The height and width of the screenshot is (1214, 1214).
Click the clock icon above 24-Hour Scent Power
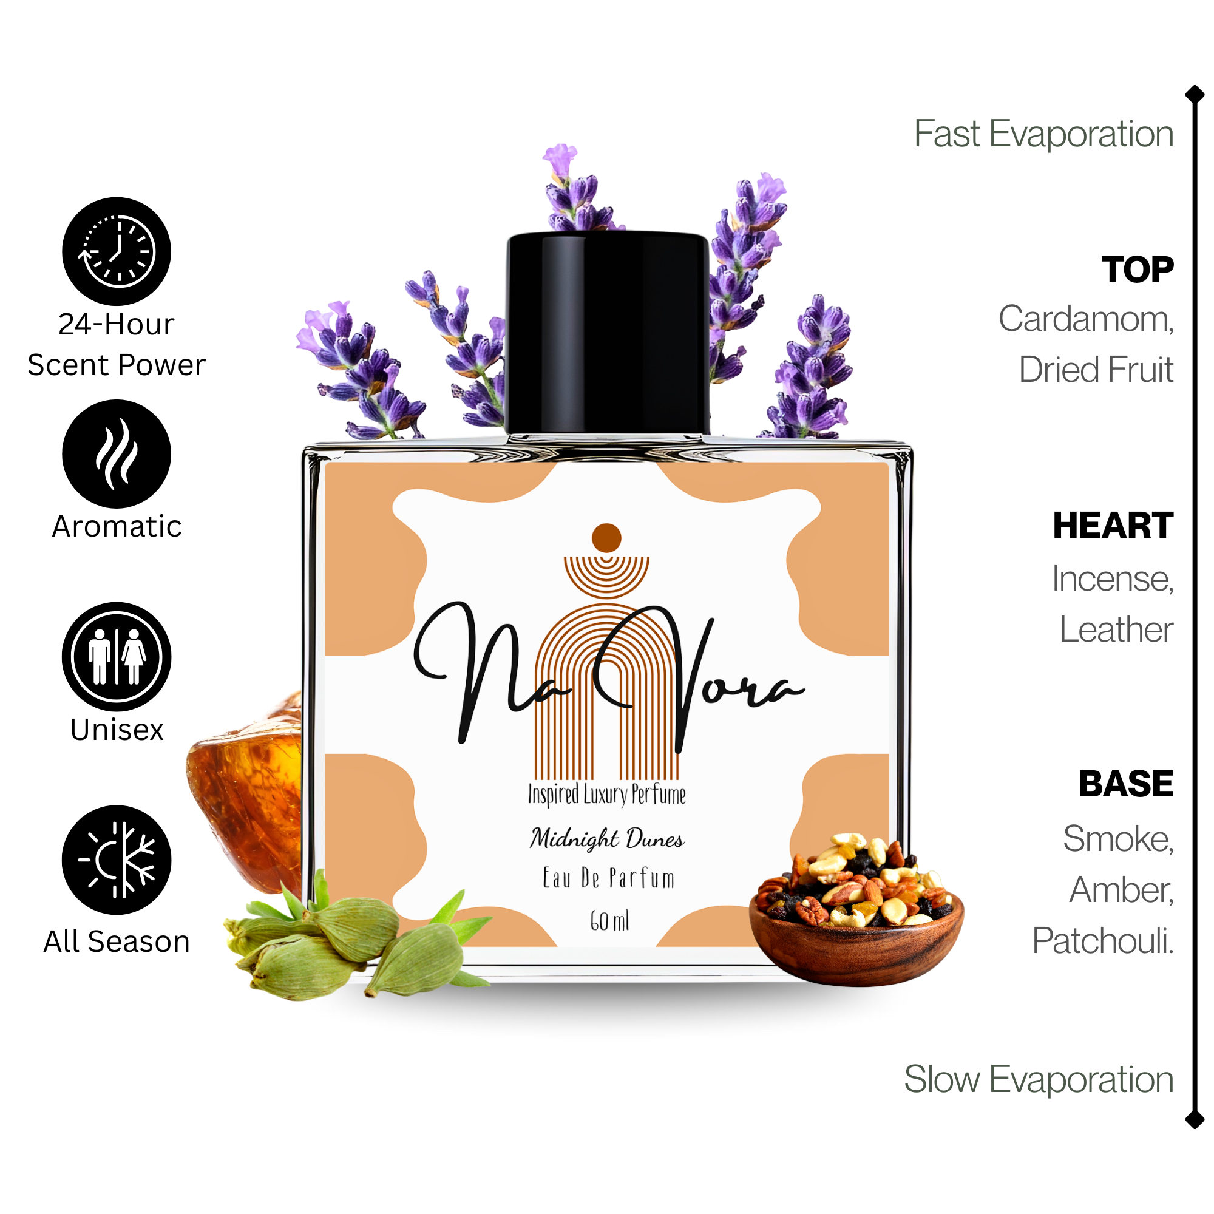tap(117, 251)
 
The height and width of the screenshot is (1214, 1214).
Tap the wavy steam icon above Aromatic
tap(117, 453)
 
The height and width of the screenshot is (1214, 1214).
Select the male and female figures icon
tap(117, 657)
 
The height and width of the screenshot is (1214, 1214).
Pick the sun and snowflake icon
tap(117, 860)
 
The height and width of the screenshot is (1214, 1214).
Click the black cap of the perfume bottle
tap(608, 333)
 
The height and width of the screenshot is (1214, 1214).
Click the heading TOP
tap(1138, 270)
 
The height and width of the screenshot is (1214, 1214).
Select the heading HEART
tap(1113, 525)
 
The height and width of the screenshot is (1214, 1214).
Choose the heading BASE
tap(1126, 784)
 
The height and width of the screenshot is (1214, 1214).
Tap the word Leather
tap(1116, 629)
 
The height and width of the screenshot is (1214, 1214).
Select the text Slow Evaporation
tap(1039, 1079)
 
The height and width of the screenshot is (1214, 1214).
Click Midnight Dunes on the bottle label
tap(607, 838)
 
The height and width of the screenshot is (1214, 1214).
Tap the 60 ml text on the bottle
tap(609, 921)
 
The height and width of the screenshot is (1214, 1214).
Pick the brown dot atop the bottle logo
tap(606, 538)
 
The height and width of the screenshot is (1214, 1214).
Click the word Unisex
tap(117, 730)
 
